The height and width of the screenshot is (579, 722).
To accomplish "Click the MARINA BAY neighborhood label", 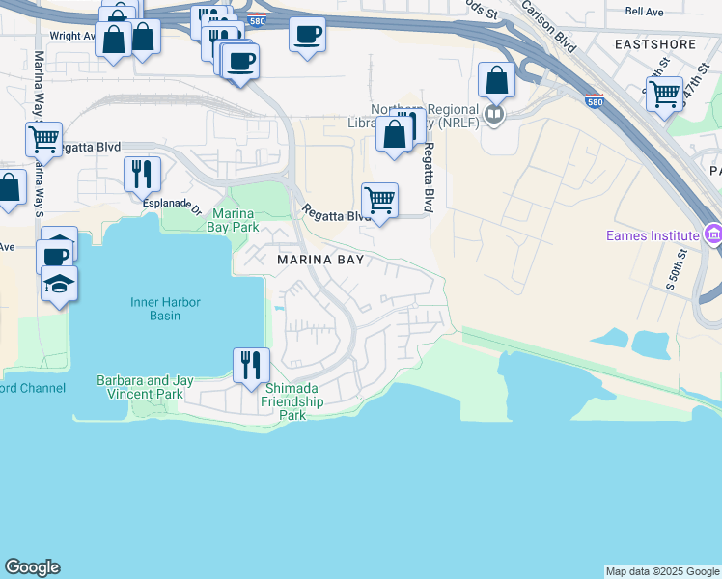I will (x=320, y=260).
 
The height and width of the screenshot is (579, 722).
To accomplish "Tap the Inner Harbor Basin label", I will (x=166, y=309).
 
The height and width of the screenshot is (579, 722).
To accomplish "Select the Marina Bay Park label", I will (x=233, y=220).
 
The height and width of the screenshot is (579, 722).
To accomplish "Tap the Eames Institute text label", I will (x=652, y=235).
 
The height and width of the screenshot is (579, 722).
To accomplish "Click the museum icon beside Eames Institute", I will (x=713, y=234).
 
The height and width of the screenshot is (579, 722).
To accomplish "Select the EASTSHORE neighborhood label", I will (x=654, y=44).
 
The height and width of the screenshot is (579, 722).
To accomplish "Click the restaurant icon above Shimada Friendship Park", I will (x=250, y=365).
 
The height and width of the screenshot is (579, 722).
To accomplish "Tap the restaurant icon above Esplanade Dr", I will (x=142, y=174).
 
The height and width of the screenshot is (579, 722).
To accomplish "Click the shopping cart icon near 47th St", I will (x=664, y=95).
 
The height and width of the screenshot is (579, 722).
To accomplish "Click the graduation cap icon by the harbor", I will (x=60, y=285).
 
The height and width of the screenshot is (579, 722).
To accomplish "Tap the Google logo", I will (x=32, y=567).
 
